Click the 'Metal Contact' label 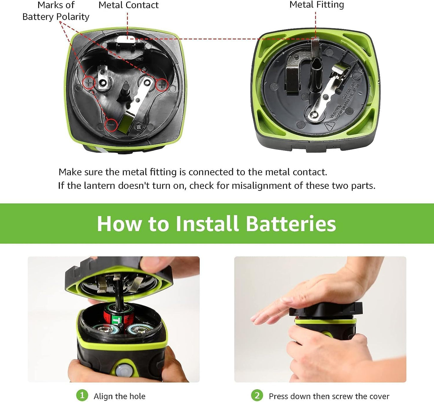pos(128,5)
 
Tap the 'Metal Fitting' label pos(317,5)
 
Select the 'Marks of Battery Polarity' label pos(56,11)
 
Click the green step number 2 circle pos(257,395)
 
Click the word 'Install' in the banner pos(207,224)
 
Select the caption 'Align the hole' pos(119,396)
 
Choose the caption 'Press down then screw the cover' pos(329,396)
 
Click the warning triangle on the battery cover pos(329,126)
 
